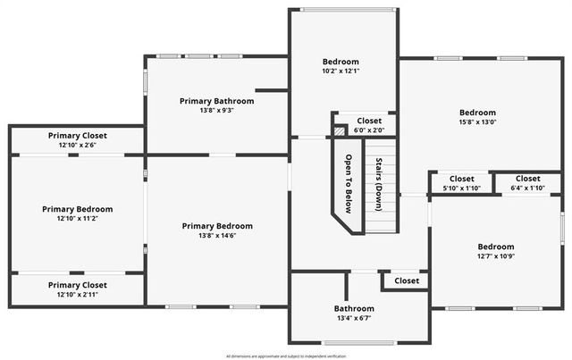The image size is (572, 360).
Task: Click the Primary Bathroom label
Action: click(x=216, y=101)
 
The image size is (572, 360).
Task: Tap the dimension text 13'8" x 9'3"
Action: click(x=216, y=111)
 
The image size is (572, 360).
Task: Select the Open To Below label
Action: click(x=349, y=186)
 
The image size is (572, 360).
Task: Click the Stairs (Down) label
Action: click(x=380, y=185)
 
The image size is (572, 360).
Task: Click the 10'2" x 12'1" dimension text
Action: click(x=341, y=71)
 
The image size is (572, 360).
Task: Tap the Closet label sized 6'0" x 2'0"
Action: click(x=369, y=121)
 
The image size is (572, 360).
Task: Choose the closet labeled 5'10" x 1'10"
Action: click(x=462, y=179)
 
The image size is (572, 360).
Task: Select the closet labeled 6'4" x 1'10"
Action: click(x=527, y=179)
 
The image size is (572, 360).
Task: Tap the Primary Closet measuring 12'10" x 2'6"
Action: click(x=77, y=135)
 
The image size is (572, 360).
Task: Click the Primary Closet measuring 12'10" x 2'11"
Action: click(x=77, y=285)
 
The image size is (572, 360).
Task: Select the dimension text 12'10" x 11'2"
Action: click(x=77, y=218)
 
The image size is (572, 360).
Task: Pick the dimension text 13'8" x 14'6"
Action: click(x=217, y=235)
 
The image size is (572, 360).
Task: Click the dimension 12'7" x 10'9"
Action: click(x=495, y=256)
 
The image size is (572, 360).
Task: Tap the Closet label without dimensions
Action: click(x=407, y=280)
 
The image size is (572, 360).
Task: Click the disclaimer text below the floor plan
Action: click(x=285, y=356)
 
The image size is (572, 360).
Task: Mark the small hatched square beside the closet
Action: click(x=339, y=130)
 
